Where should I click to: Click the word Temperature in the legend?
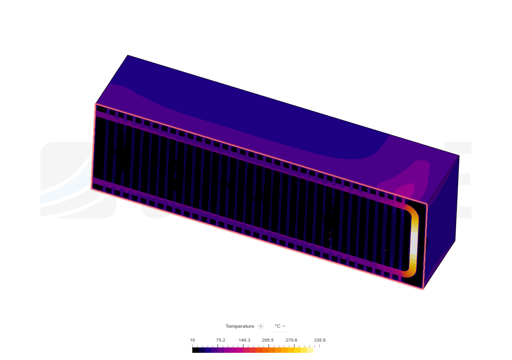click(x=240, y=326)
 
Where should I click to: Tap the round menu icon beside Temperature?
click(x=261, y=326)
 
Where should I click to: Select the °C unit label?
click(x=277, y=326)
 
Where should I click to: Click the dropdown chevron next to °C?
click(x=284, y=326)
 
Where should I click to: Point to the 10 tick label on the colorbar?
click(x=192, y=340)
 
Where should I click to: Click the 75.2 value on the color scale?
click(x=221, y=340)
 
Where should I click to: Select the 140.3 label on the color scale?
click(x=244, y=340)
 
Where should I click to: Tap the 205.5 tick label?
click(x=268, y=340)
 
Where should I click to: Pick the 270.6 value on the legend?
click(x=291, y=340)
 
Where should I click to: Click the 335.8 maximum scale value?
click(x=320, y=340)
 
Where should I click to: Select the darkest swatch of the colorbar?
click(x=202, y=350)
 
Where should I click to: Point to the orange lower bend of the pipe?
click(x=410, y=273)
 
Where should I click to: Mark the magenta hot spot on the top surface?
click(x=407, y=188)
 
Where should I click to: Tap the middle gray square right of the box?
click(x=464, y=179)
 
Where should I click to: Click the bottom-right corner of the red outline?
click(x=424, y=290)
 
